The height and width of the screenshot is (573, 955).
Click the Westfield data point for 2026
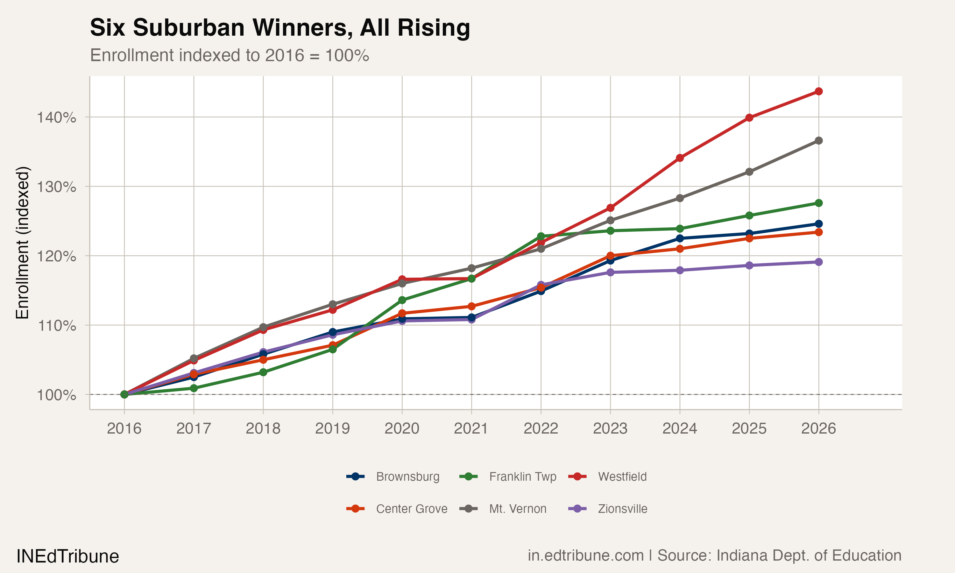tap(818, 91)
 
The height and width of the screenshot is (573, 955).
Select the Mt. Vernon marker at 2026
tap(818, 141)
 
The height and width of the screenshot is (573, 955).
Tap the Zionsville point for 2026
tap(818, 262)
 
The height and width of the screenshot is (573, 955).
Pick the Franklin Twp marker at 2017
tap(194, 388)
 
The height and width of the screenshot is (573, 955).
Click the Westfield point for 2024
tap(680, 158)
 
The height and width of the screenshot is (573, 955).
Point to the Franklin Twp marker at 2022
tap(541, 236)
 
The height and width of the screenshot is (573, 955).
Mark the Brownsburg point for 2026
tap(818, 224)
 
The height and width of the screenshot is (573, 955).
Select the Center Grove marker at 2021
tap(471, 306)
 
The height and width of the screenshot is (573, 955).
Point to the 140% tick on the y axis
tap(56, 117)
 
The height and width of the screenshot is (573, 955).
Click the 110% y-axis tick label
tap(56, 326)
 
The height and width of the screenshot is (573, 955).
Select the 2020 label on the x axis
tap(402, 428)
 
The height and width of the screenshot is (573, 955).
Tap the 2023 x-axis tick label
tap(610, 428)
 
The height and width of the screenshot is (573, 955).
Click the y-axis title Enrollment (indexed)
tap(22, 243)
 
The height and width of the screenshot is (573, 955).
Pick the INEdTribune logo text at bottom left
tap(67, 556)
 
